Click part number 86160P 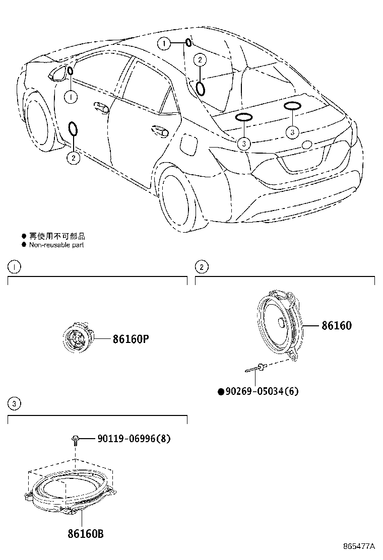(131, 339)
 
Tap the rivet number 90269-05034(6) (258, 391)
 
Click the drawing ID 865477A (359, 546)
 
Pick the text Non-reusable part (56, 245)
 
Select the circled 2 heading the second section (202, 267)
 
